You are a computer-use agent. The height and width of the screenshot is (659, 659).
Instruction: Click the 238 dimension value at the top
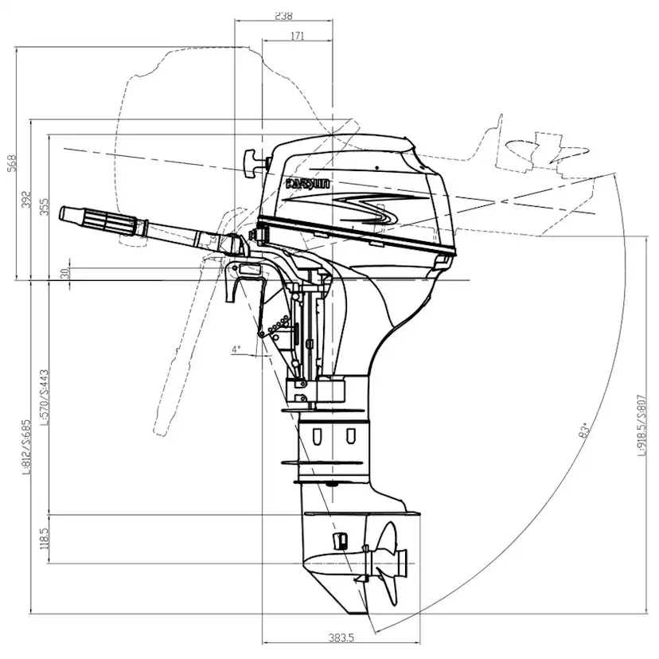point(283,14)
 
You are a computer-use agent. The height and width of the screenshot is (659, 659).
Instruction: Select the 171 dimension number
point(298,35)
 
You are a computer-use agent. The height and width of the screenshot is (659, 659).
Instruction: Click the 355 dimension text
point(45,206)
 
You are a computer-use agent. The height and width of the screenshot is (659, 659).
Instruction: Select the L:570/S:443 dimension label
point(45,397)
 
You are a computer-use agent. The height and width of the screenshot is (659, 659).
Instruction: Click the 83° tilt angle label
point(585,431)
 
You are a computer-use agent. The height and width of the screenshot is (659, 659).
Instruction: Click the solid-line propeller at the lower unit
point(388,561)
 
